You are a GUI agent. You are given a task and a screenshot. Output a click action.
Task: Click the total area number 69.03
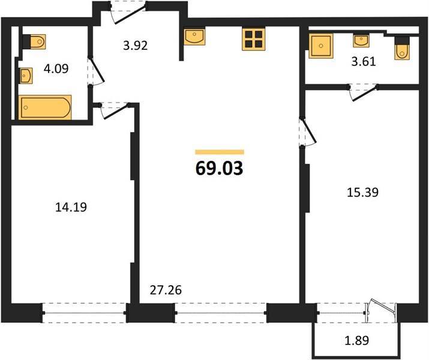point(220,169)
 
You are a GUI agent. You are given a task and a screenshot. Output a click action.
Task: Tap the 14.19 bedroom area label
point(71,207)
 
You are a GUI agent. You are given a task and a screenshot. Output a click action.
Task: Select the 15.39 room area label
point(363,193)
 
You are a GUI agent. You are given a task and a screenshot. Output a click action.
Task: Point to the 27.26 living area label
point(166,290)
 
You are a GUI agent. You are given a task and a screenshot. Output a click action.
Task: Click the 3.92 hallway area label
point(136,46)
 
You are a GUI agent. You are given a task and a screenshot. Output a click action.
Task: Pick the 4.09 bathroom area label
point(56,68)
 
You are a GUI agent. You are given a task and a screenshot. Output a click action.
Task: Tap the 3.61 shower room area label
point(364,62)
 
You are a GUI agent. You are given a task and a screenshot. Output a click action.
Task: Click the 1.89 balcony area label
point(357,341)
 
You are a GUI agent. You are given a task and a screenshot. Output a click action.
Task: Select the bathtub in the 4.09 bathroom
point(45,107)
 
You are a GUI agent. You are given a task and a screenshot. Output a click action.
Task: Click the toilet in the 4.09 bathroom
point(34,41)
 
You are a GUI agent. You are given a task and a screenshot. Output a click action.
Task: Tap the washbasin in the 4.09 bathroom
point(26,76)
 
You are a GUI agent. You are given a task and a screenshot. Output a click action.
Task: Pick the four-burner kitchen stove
point(254,39)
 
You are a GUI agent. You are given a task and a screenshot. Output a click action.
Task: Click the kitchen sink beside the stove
point(194,37)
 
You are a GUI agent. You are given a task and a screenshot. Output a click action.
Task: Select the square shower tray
point(321,46)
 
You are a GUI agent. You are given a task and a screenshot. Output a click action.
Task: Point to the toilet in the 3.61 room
point(402,48)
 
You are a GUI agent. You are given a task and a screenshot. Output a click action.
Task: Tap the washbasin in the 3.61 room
point(361,40)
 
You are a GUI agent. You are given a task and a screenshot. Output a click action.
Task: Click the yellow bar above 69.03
point(220,152)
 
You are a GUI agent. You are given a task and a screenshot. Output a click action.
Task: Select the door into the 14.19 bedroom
point(115,111)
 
